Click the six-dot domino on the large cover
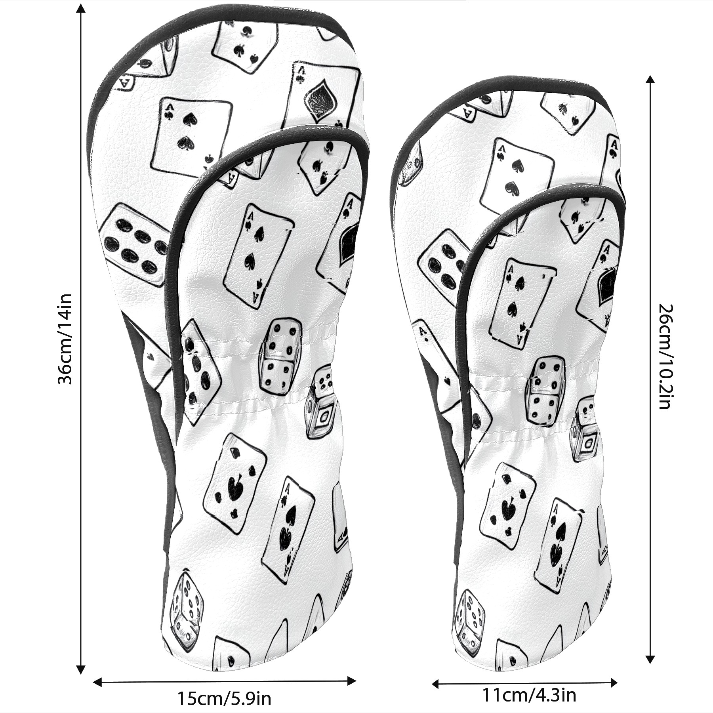[135, 244]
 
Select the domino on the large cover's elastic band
[280, 354]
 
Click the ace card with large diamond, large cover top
[324, 95]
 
